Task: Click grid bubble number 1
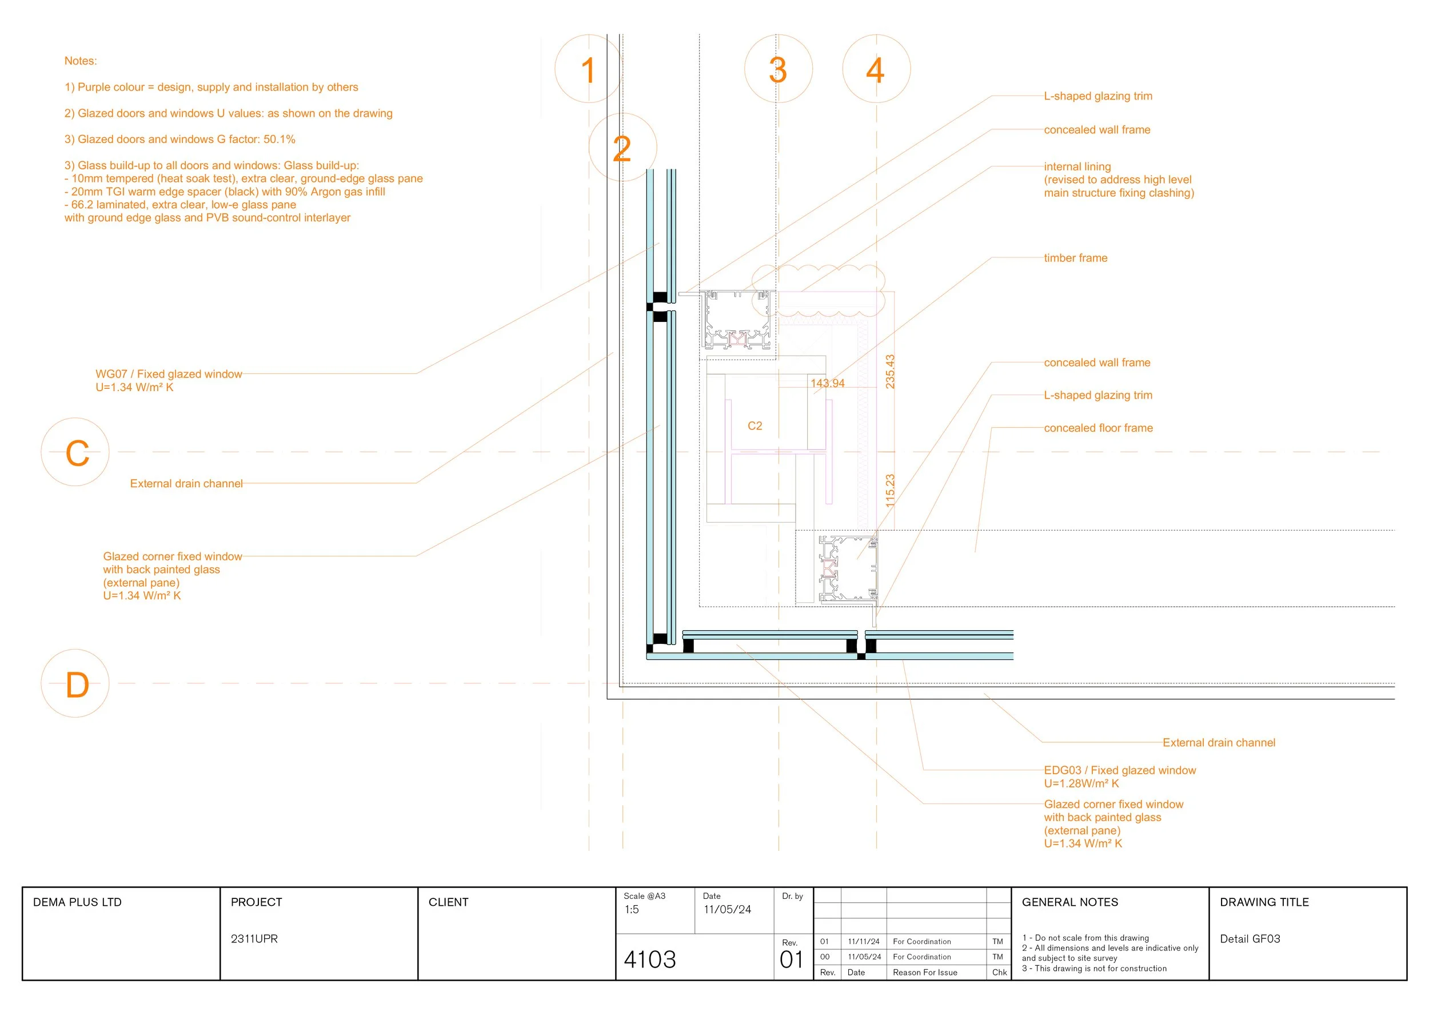(x=588, y=69)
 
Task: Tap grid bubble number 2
(x=622, y=148)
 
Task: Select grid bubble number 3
(x=778, y=69)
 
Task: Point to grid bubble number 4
(x=876, y=69)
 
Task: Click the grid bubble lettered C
(x=75, y=452)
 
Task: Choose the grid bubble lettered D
(x=75, y=683)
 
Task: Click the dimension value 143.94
(x=827, y=384)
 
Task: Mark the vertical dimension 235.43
(x=890, y=372)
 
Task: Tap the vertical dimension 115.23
(x=890, y=491)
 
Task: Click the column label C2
(x=755, y=426)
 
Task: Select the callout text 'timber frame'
(x=1076, y=258)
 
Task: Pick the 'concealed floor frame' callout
(x=1099, y=428)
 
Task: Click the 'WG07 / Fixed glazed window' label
(x=169, y=373)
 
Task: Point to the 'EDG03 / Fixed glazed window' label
(x=1120, y=770)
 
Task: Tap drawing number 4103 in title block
(x=650, y=960)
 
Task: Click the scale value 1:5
(x=632, y=910)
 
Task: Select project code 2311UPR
(x=254, y=939)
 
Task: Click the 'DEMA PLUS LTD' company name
(x=77, y=902)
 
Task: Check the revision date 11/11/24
(x=864, y=942)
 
